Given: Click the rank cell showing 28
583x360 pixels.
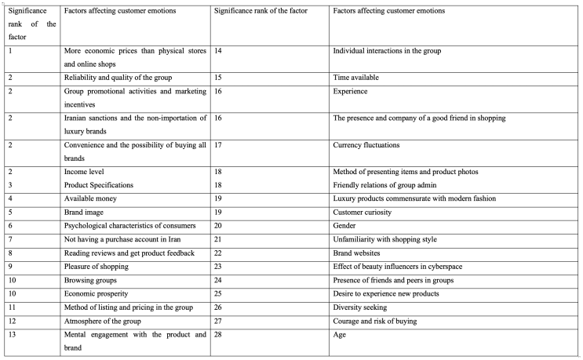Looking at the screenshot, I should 217,335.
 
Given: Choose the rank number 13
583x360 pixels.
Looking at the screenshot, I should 12,335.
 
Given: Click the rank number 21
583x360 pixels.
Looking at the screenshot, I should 217,239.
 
